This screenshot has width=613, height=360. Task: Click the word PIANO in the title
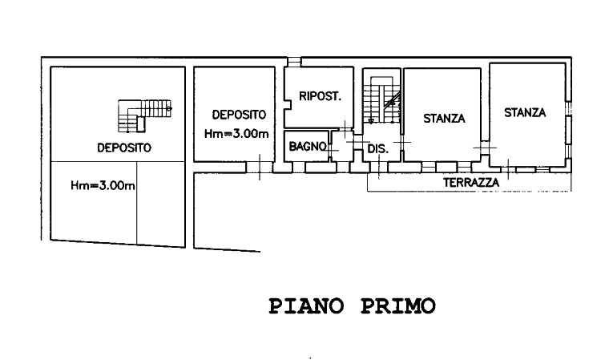(305, 305)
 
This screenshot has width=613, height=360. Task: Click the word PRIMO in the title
(398, 305)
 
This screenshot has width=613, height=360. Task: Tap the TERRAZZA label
(472, 183)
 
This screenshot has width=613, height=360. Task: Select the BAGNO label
(306, 147)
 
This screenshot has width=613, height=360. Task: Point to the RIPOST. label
(321, 98)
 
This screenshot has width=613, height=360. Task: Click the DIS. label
(377, 148)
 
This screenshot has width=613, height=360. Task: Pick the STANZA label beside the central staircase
(445, 118)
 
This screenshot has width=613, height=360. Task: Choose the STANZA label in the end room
(525, 113)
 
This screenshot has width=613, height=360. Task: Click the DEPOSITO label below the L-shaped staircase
(124, 148)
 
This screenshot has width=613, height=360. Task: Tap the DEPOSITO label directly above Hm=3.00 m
(234, 114)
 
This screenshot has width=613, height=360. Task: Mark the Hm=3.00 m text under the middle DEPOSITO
(235, 135)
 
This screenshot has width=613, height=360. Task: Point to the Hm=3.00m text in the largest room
(102, 187)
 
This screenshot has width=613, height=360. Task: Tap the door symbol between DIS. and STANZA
(402, 144)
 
